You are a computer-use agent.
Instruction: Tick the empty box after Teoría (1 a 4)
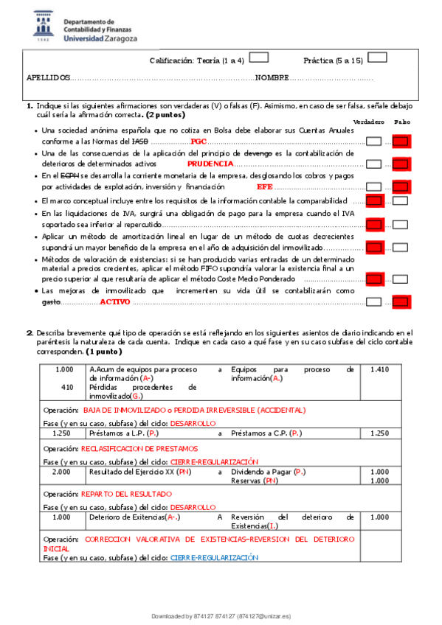point(258,57)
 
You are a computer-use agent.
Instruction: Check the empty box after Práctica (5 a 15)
point(377,57)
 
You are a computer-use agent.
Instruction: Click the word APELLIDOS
point(49,77)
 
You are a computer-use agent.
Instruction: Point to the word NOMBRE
point(272,77)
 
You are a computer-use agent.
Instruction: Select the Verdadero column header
point(368,121)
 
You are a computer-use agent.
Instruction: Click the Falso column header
point(401,121)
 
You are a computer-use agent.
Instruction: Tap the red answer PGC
point(198,141)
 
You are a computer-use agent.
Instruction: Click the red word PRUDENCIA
point(210,164)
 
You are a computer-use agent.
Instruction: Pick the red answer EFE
point(264,186)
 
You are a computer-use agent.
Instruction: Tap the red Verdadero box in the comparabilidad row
point(375,200)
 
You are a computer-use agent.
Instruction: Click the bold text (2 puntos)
point(166,115)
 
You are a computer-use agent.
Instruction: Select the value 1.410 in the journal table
point(379,369)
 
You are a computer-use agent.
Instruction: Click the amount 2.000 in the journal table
point(63,471)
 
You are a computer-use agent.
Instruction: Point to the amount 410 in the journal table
point(67,386)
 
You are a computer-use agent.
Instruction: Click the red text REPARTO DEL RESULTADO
point(126,493)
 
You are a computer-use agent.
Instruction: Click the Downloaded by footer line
point(221,615)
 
